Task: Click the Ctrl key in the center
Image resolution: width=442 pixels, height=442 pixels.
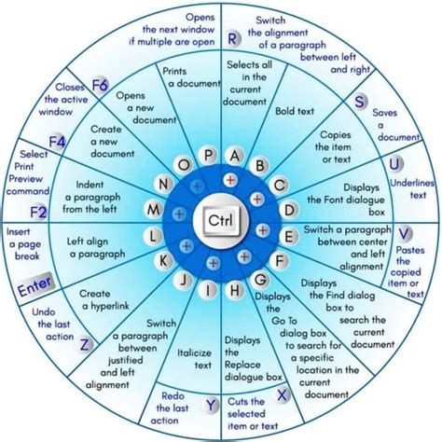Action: coord(220,220)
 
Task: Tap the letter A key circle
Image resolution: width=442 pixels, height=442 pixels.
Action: coord(235,156)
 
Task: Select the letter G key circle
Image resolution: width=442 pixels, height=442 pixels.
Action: coord(260,280)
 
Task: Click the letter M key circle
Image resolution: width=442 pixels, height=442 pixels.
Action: coord(154,210)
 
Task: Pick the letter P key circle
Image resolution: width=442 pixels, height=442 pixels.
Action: coord(209,155)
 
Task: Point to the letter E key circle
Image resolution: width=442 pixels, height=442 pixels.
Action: coord(289,237)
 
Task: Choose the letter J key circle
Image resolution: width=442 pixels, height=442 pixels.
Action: coord(184,280)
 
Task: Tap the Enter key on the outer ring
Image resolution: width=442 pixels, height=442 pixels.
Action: coord(35,285)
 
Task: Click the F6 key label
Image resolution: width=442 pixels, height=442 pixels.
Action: coord(100,85)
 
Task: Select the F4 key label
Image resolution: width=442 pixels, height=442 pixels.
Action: coord(58,143)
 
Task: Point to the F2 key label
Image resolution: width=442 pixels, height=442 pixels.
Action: coord(38,213)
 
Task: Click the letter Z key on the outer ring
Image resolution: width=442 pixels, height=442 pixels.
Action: coord(85,344)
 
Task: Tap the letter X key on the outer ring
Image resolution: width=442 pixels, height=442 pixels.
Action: coord(282,395)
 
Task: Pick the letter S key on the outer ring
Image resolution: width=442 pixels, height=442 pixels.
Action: coord(359,102)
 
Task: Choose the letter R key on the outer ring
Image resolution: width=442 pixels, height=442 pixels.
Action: coord(232,39)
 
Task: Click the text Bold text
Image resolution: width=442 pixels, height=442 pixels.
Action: coord(295,111)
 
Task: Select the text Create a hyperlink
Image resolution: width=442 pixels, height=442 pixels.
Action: coord(104,300)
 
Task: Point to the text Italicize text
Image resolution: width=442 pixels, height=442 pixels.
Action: coord(194,359)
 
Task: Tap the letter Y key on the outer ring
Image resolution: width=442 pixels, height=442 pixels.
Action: coord(211,406)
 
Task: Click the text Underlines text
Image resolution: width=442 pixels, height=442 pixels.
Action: coord(411,189)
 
